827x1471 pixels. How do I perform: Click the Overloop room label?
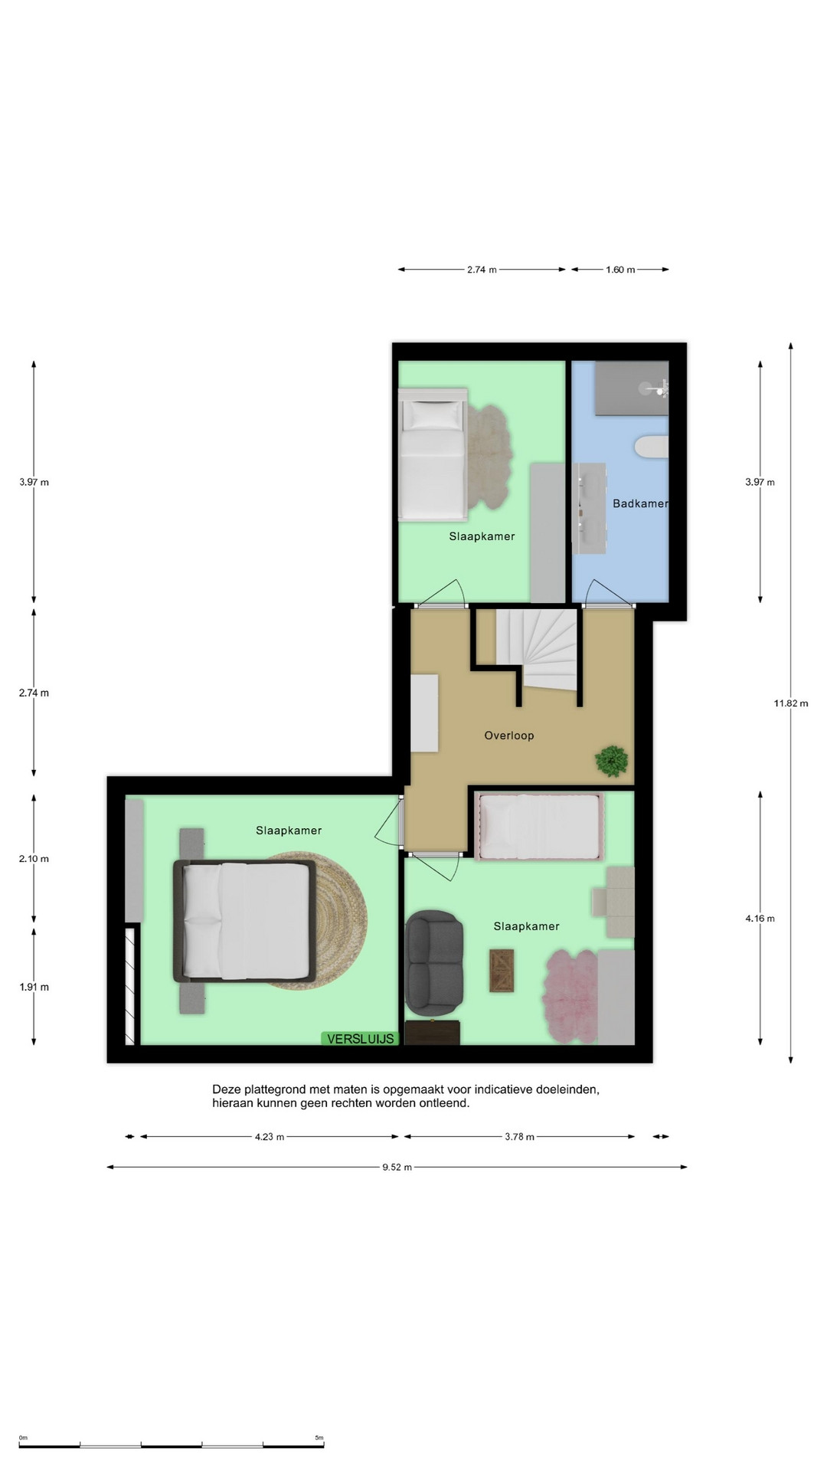coord(509,735)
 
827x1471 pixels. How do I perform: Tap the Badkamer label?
coord(640,503)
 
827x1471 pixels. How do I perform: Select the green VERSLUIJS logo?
coord(360,1039)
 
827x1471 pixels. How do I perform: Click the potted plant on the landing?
coord(612,761)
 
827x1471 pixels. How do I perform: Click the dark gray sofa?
coord(434,960)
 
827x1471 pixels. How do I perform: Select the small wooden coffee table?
coord(502,970)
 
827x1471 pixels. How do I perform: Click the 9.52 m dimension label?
coord(397,1167)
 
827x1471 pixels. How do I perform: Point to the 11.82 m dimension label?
coord(791,703)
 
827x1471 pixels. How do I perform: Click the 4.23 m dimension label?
coord(270,1137)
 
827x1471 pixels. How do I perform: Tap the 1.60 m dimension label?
coord(620,270)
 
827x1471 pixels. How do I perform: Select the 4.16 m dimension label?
coord(760,919)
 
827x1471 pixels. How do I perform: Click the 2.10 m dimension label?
coord(34,859)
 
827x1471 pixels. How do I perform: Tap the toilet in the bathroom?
coord(652,447)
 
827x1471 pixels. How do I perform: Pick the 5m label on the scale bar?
coord(319,1438)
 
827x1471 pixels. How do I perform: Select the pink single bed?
coord(540,826)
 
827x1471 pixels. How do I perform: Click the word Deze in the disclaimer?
coord(227,1089)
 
